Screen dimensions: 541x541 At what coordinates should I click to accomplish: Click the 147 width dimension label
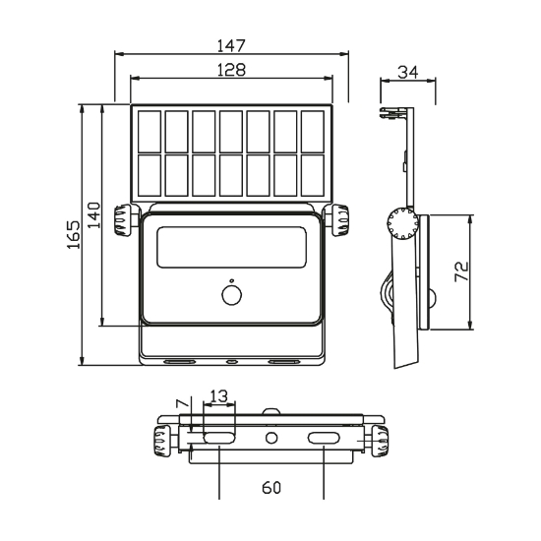231,45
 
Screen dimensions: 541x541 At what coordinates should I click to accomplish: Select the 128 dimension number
231,70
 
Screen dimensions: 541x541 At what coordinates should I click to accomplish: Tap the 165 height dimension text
74,235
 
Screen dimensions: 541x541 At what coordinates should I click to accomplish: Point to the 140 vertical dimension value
93,215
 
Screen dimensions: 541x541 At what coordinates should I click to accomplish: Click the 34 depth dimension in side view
408,73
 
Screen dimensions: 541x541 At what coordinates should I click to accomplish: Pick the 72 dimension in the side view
461,271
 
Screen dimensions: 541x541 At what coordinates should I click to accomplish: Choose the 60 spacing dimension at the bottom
271,488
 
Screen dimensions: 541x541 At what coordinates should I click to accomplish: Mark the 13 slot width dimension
218,396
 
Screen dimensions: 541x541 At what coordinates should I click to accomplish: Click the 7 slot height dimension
183,403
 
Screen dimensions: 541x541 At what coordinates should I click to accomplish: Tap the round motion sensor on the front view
231,295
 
